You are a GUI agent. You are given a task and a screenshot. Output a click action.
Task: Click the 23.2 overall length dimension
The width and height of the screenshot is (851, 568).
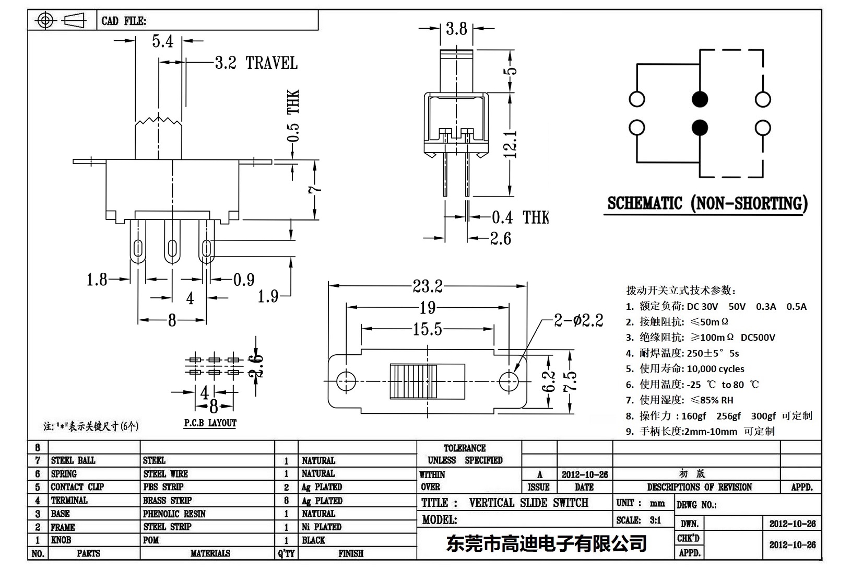pyautogui.click(x=428, y=286)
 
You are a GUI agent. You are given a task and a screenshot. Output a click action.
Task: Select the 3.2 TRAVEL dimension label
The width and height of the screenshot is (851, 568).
pyautogui.click(x=256, y=63)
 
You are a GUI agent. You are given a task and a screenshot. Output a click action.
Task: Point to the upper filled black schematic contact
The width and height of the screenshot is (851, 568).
pyautogui.click(x=700, y=99)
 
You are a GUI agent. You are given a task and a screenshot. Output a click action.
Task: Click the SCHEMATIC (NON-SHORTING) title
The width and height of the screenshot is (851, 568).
pyautogui.click(x=707, y=203)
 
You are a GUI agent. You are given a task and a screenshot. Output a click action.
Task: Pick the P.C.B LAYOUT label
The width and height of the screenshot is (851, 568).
pyautogui.click(x=210, y=423)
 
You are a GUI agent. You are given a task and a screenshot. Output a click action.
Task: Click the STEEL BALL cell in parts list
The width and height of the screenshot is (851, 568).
pyautogui.click(x=73, y=460)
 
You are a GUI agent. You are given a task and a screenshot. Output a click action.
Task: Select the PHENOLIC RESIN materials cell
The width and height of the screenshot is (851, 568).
pyautogui.click(x=174, y=514)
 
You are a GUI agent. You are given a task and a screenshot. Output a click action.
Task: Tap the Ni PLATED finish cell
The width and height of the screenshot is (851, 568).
pyautogui.click(x=322, y=527)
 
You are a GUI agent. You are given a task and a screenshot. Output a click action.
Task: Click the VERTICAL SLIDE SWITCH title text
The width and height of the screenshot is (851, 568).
pyautogui.click(x=528, y=503)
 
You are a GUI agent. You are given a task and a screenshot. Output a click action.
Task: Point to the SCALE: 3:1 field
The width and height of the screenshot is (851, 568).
pyautogui.click(x=639, y=520)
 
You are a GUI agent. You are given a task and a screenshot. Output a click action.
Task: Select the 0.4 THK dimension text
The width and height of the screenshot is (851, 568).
pyautogui.click(x=520, y=217)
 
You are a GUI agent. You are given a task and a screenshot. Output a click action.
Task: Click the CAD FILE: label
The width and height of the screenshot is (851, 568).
pyautogui.click(x=124, y=21)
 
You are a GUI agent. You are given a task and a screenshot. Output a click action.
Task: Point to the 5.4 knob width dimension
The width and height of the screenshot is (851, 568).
pyautogui.click(x=162, y=41)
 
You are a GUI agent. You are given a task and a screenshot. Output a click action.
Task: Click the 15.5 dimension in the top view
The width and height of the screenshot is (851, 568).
pyautogui.click(x=427, y=329)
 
